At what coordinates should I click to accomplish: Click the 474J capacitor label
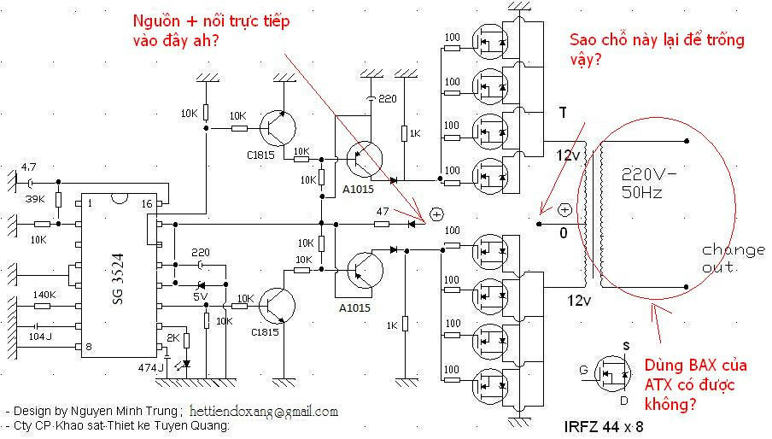point(152,366)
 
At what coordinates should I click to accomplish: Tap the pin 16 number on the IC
point(148,203)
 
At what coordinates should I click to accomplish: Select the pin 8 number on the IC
point(86,347)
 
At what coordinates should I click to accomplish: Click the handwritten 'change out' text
point(734,259)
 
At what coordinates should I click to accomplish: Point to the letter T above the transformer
point(562,112)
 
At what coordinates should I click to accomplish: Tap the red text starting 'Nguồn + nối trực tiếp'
point(212,30)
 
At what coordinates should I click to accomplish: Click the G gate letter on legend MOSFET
point(584,369)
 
